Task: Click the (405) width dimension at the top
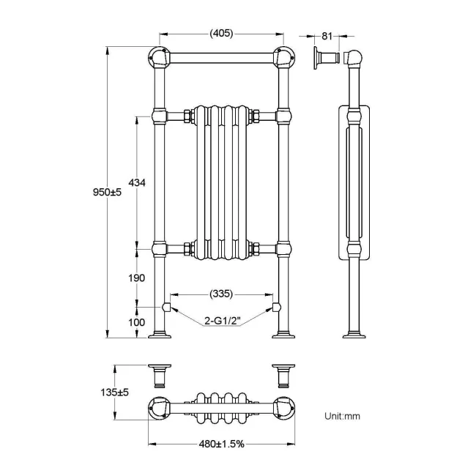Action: [222, 33]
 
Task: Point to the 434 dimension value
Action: [136, 182]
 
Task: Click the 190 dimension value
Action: [136, 278]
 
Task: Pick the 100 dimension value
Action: [136, 321]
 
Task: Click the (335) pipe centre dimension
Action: [220, 294]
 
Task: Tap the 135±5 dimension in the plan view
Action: [115, 393]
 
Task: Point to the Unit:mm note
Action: [343, 416]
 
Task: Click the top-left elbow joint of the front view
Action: [157, 56]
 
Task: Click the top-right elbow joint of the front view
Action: [284, 56]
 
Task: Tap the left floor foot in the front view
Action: [160, 336]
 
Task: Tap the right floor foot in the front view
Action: [283, 336]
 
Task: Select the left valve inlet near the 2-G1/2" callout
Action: [166, 306]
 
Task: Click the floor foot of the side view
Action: [356, 336]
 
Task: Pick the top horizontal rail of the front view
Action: [220, 56]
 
